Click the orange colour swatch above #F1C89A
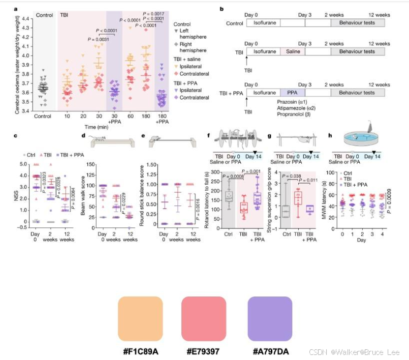pos(140,320)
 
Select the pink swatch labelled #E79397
pos(204,320)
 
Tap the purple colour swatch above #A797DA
pos(270,320)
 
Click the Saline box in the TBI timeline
pos(292,51)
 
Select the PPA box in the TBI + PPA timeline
pos(292,93)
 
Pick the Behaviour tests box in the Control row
pos(358,23)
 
